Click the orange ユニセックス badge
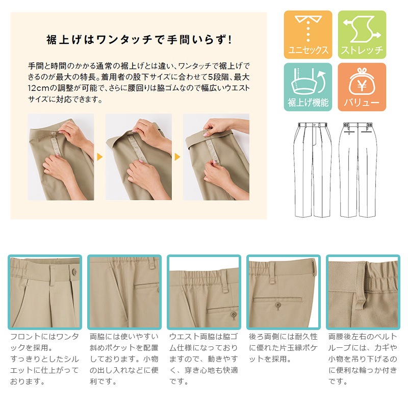[308, 35]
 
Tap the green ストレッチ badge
[362, 35]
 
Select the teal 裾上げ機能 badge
[308, 87]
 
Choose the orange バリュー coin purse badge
[362, 87]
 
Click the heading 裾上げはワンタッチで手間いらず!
[139, 40]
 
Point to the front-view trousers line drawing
[313, 170]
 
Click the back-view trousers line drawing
[358, 170]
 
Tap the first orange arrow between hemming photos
[99, 157]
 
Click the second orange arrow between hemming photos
[177, 157]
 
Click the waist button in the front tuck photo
[74, 272]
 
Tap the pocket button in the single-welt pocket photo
[278, 305]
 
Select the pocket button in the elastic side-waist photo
[234, 315]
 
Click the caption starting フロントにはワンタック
[44, 359]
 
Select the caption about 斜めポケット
[124, 359]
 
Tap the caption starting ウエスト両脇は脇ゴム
[203, 359]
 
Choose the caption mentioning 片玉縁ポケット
[284, 348]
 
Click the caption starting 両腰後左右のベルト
[363, 359]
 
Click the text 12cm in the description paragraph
[39, 88]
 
